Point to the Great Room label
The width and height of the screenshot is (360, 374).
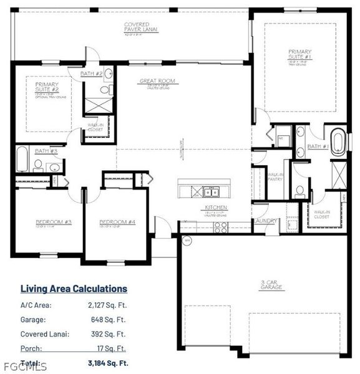[157, 81]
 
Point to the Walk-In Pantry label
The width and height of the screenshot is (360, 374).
[275, 176]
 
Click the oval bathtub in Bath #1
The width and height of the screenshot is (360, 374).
[338, 141]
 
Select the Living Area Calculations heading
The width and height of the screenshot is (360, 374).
[74, 289]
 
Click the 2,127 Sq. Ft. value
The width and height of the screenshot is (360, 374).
[107, 305]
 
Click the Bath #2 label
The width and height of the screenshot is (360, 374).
[91, 74]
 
